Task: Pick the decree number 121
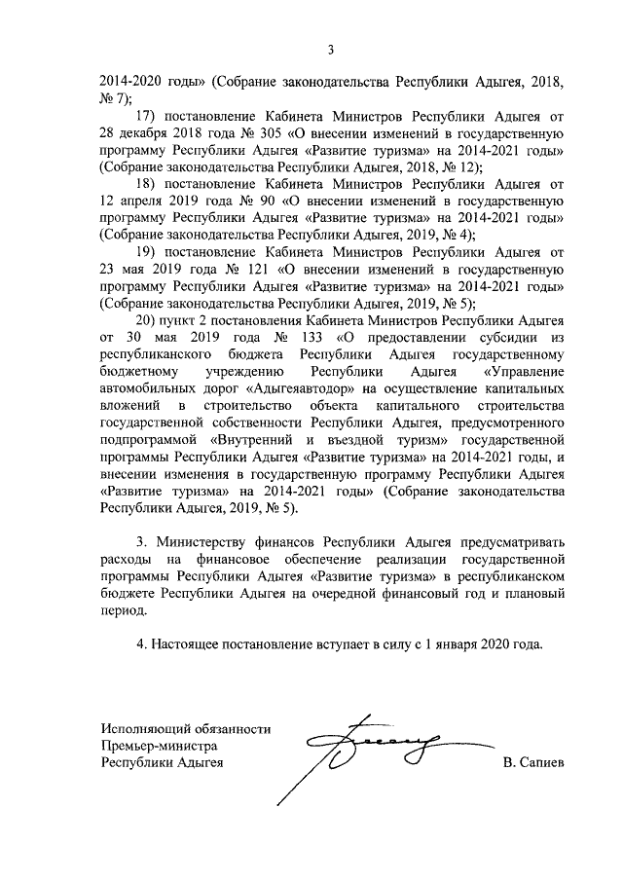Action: pyautogui.click(x=254, y=271)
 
